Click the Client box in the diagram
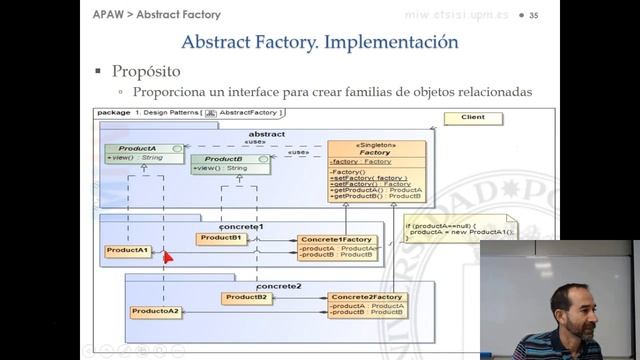[x=472, y=117]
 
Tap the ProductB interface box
[x=230, y=163]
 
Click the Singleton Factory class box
[x=376, y=170]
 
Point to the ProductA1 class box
[x=128, y=251]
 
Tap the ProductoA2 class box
[x=155, y=312]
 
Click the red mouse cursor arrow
[x=168, y=256]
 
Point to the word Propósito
[x=146, y=72]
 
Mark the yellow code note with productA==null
[x=460, y=229]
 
